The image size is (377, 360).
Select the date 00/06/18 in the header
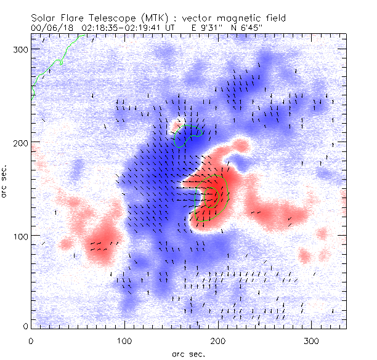coord(49,27)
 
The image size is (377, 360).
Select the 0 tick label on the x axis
coord(31,340)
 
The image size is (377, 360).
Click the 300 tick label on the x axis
coord(312,340)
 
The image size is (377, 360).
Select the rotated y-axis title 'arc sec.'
coord(6,185)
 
